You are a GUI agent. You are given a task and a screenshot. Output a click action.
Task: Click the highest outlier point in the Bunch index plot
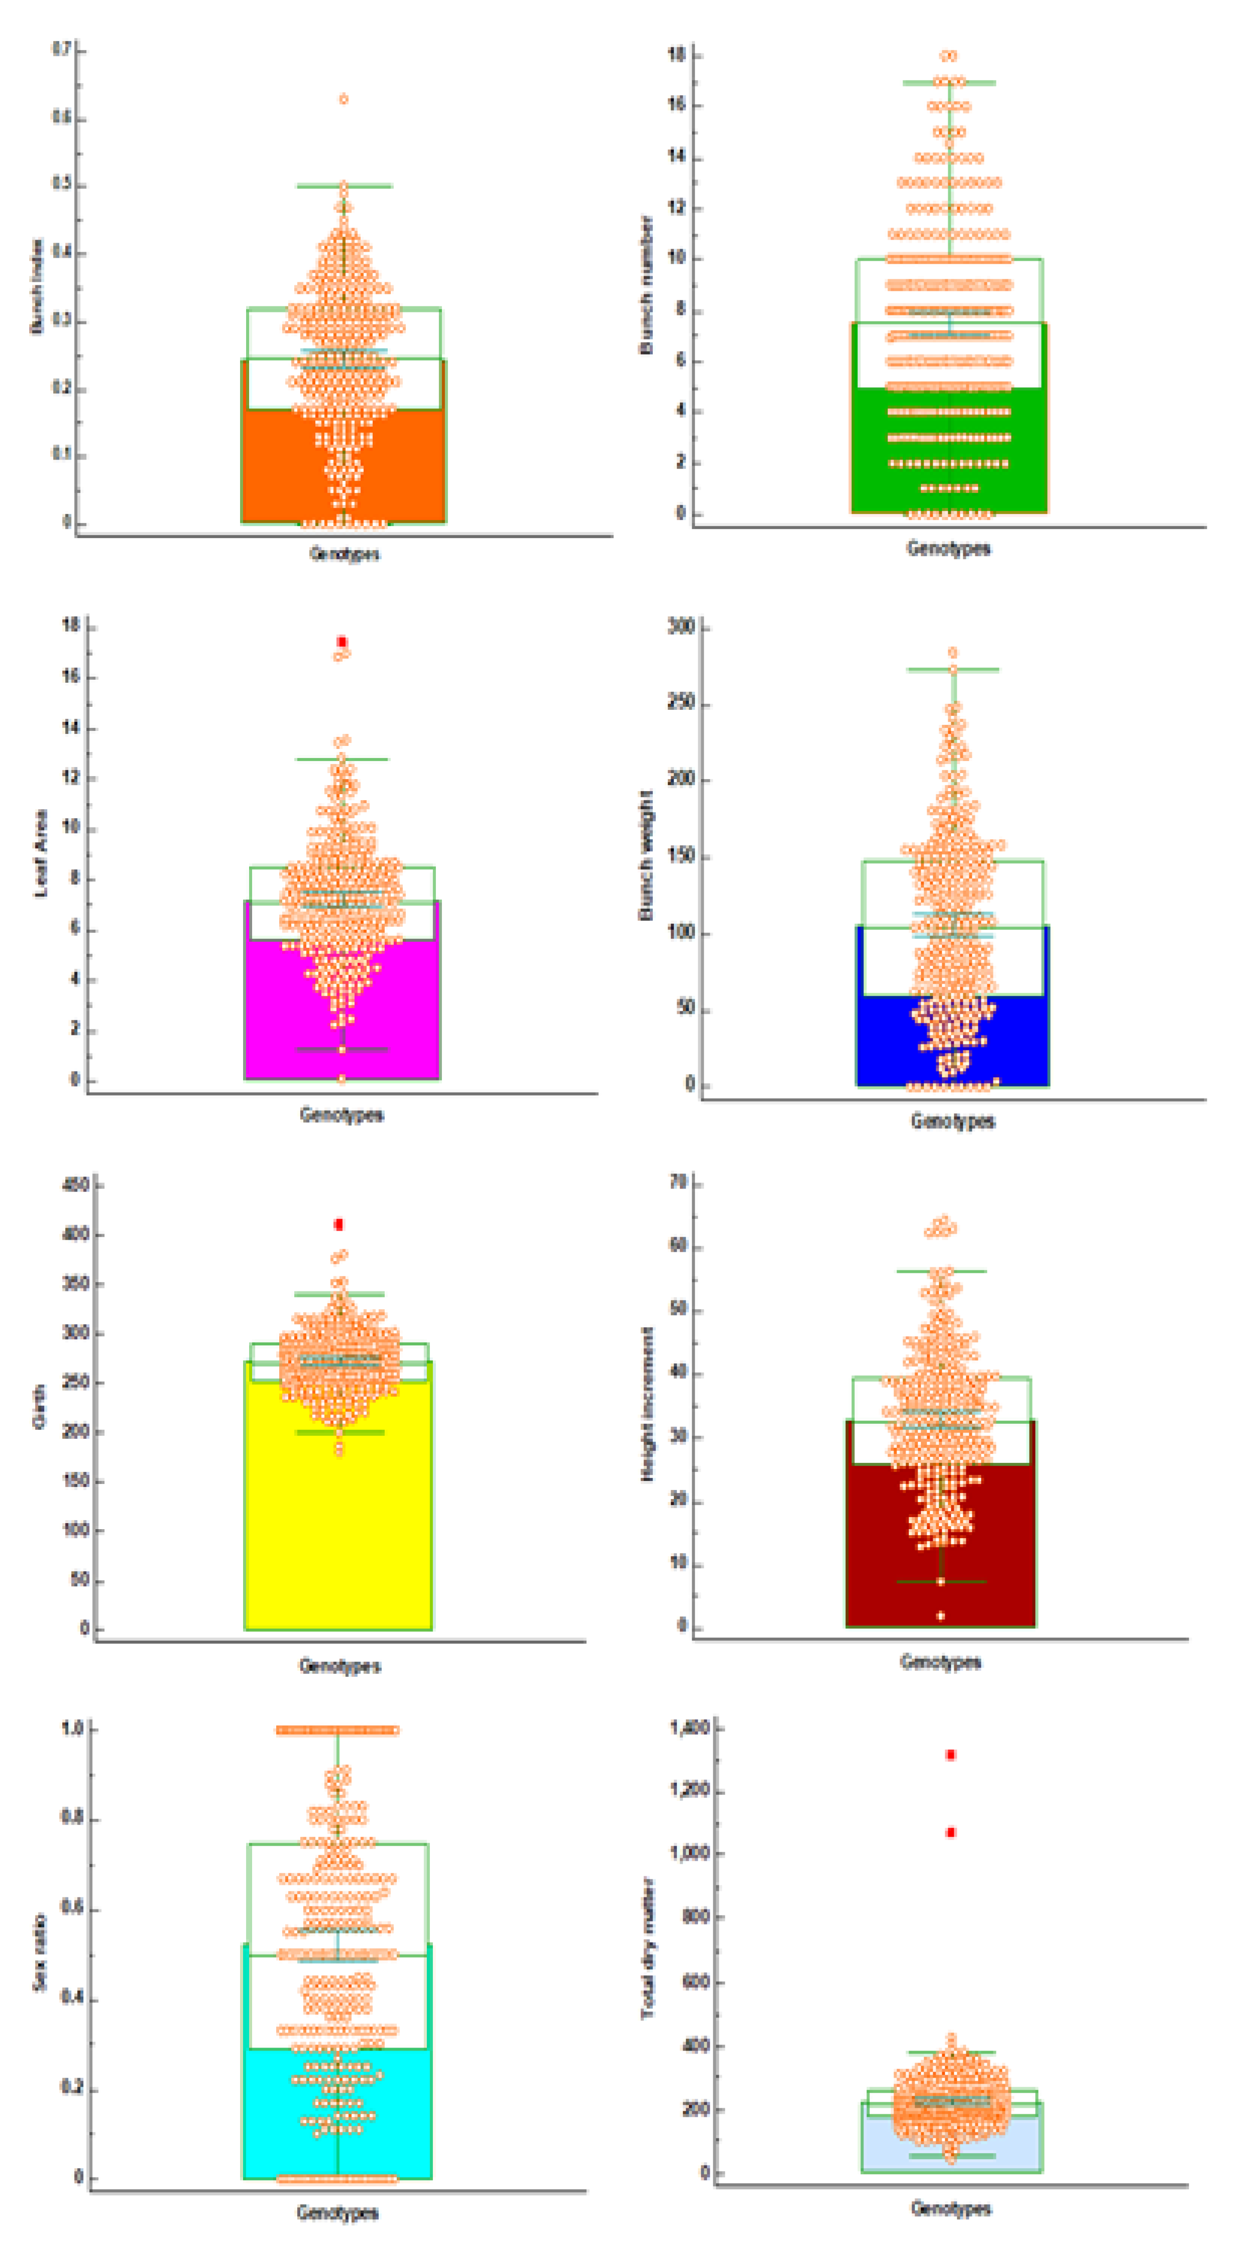pos(344,98)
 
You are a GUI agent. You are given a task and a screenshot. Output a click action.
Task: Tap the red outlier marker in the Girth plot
pos(339,1225)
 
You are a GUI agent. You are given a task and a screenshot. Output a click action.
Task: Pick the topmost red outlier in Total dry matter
pos(951,1755)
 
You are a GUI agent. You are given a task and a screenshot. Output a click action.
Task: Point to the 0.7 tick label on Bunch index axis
pos(61,50)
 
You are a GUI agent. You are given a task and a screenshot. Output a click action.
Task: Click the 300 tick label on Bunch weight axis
pos(681,626)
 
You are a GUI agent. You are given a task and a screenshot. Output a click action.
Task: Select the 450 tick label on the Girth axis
pos(76,1185)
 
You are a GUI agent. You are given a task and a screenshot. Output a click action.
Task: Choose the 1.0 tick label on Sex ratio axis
pos(72,1729)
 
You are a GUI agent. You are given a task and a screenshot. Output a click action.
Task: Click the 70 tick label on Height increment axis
pos(678,1183)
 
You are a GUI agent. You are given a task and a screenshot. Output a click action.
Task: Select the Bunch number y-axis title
pos(646,285)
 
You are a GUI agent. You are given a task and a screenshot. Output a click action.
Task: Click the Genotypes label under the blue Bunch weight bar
pos(953,1121)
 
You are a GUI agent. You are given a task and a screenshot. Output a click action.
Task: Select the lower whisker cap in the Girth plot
pos(340,1433)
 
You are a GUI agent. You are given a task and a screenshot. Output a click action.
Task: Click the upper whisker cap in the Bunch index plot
pos(344,185)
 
